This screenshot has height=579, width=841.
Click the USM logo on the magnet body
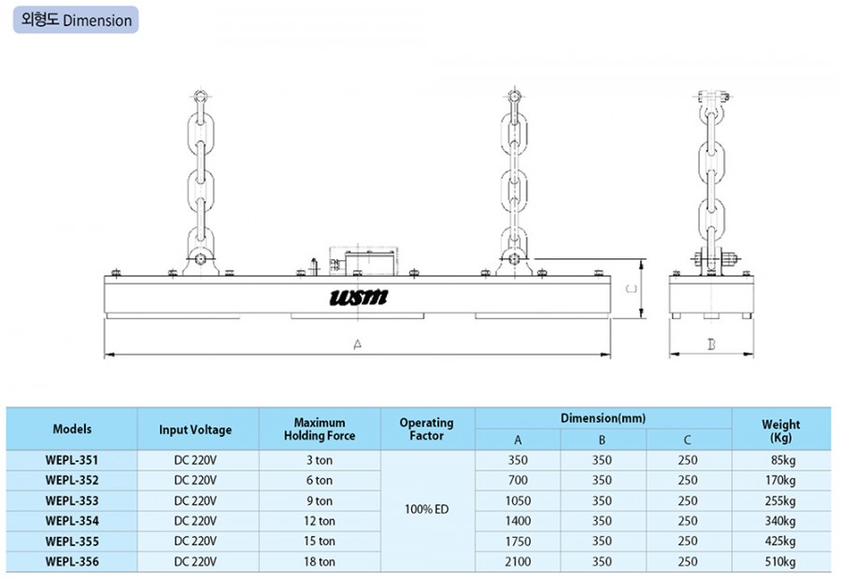(x=358, y=297)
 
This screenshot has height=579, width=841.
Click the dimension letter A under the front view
(x=358, y=344)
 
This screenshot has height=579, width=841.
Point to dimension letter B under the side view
(x=711, y=344)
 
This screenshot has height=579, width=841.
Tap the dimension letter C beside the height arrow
(x=633, y=289)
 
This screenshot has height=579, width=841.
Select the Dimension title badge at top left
(x=76, y=20)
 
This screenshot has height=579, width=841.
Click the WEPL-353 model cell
(x=72, y=500)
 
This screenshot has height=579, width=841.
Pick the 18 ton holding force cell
(x=320, y=562)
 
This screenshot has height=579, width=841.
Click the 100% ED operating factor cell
(x=426, y=509)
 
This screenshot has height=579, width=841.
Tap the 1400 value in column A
(x=518, y=521)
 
